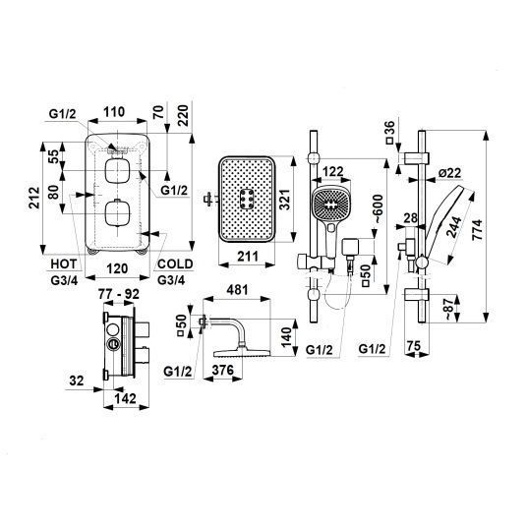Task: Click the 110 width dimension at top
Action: [x=114, y=112]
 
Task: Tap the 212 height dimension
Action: [x=34, y=198]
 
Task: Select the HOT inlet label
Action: [x=64, y=263]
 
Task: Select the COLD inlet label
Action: [x=175, y=263]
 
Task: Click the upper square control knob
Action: [x=117, y=170]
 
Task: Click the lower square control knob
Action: [x=117, y=213]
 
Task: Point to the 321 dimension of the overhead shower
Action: [x=285, y=200]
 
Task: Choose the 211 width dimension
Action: [x=248, y=257]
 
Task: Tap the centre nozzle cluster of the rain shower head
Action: [x=247, y=199]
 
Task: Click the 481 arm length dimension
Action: [x=237, y=290]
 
